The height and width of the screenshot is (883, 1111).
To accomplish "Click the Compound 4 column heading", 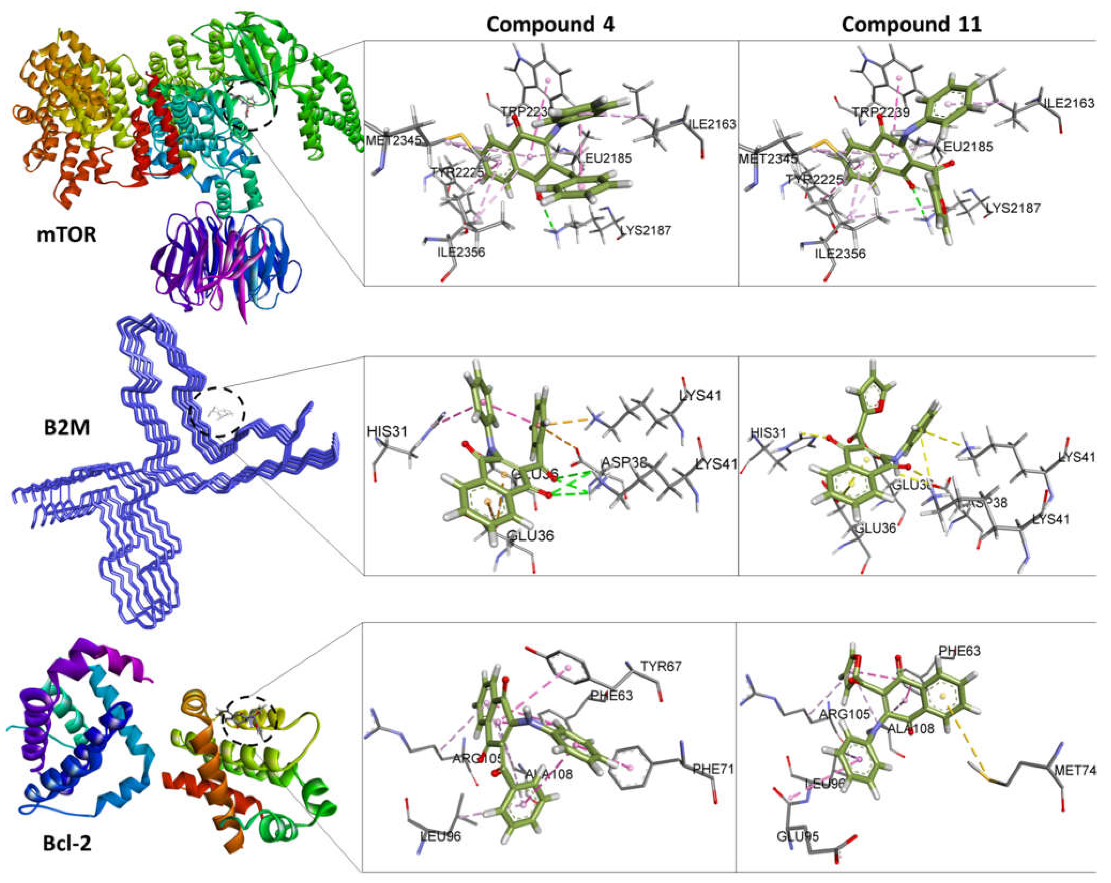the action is (550, 24).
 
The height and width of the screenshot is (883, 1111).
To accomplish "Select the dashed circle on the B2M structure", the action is (216, 412).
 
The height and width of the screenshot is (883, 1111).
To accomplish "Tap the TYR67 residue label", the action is (661, 666).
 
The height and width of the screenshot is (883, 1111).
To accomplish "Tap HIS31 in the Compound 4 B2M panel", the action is (386, 431).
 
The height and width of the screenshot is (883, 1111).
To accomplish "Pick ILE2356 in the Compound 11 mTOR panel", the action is (840, 254).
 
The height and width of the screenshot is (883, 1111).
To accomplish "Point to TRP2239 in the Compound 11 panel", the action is (881, 112).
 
